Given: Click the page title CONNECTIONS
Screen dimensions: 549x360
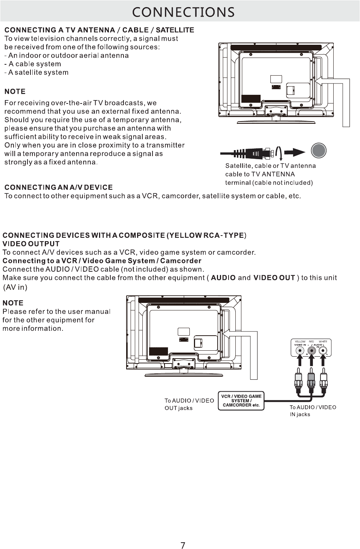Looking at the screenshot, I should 183,12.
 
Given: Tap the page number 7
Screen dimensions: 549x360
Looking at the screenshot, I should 183,545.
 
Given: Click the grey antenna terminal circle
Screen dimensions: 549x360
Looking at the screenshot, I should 319,151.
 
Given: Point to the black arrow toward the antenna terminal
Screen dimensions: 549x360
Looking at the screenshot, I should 294,152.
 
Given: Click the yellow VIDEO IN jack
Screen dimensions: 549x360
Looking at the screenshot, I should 300,351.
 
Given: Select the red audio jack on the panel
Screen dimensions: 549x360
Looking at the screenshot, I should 311,351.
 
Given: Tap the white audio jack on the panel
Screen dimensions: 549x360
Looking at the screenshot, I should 323,351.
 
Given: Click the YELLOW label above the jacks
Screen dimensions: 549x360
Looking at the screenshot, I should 300,341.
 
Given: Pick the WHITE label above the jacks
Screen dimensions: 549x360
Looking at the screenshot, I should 323,341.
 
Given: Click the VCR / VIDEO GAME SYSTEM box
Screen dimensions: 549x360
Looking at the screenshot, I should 241,401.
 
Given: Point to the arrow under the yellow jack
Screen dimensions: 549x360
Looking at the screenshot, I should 300,361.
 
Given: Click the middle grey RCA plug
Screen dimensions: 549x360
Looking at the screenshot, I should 311,380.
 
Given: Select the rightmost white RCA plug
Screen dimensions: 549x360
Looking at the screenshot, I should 323,380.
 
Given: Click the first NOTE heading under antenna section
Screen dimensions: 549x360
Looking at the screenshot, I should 15,91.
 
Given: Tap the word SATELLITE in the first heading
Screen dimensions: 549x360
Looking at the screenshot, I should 175,30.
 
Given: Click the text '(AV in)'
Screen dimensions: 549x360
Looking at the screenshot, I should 15,287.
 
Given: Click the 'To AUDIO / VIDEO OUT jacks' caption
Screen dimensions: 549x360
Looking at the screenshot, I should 189,404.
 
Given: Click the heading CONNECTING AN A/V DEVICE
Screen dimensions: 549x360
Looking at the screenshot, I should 58,187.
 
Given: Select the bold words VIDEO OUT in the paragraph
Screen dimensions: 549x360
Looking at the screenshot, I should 274,278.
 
